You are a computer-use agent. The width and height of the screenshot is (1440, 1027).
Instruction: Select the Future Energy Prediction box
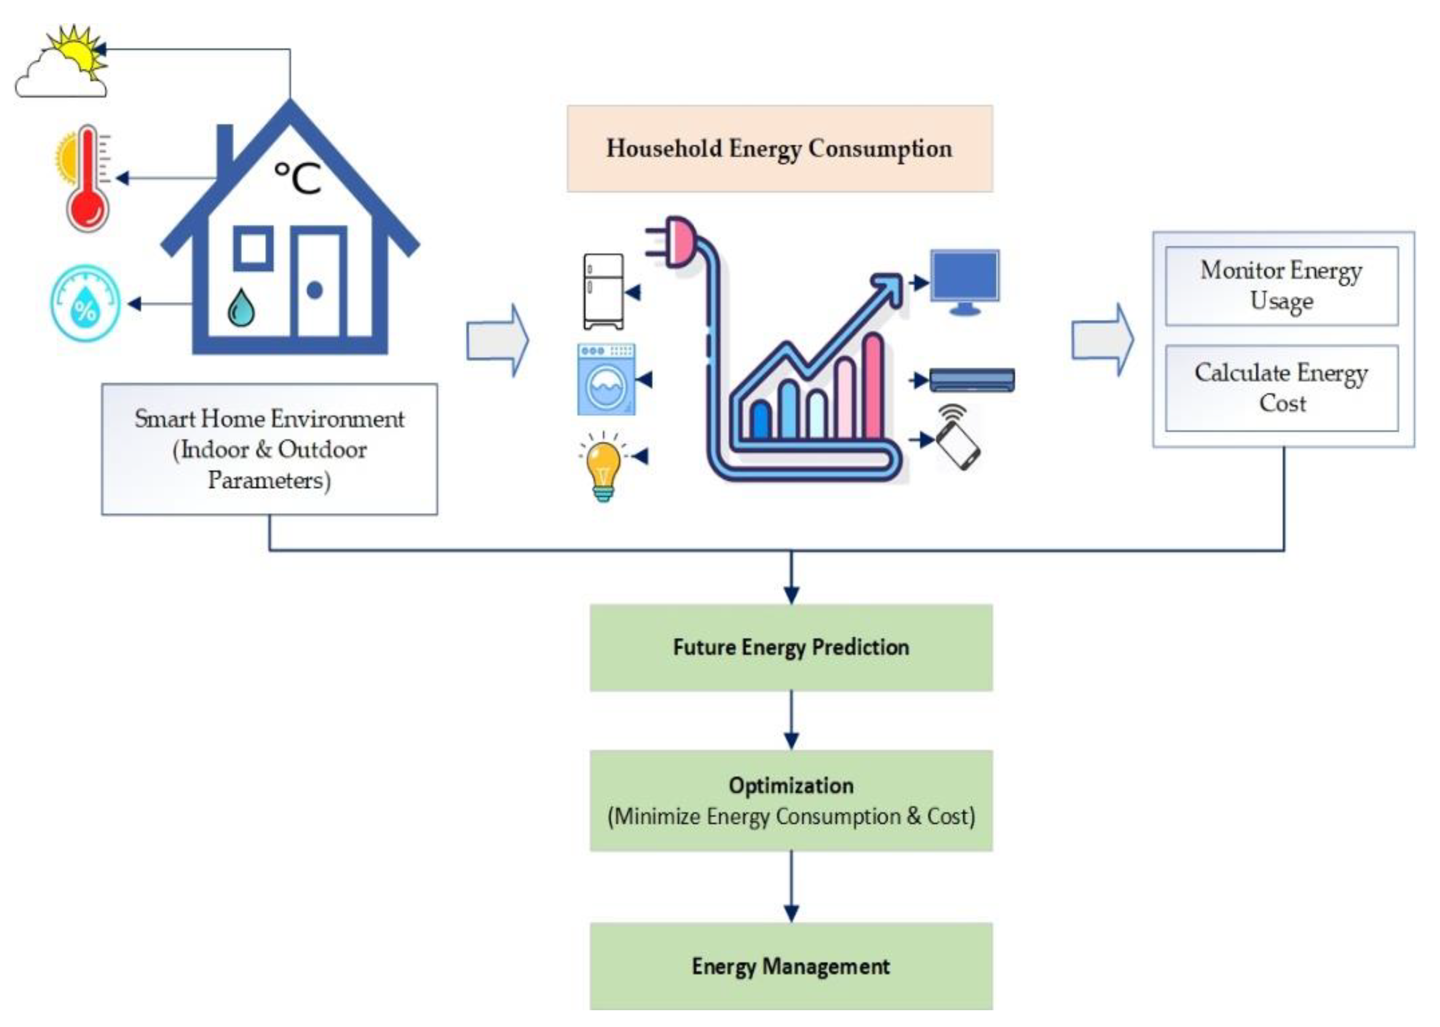(791, 648)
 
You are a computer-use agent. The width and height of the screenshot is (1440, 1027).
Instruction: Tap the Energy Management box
(791, 966)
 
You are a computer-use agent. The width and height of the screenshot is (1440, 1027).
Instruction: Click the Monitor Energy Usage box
(1281, 286)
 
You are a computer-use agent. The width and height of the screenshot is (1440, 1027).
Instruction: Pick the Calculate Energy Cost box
(1281, 388)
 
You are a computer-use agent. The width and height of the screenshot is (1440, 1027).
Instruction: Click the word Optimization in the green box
(791, 785)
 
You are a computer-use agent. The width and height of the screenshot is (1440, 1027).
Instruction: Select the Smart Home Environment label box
(269, 449)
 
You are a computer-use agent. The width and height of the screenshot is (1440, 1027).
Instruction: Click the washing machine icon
(605, 379)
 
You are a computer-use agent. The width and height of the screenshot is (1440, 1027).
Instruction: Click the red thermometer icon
(87, 180)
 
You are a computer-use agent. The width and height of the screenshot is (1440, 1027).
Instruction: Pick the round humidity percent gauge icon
(85, 303)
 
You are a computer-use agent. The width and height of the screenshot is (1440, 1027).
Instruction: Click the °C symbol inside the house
(298, 177)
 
